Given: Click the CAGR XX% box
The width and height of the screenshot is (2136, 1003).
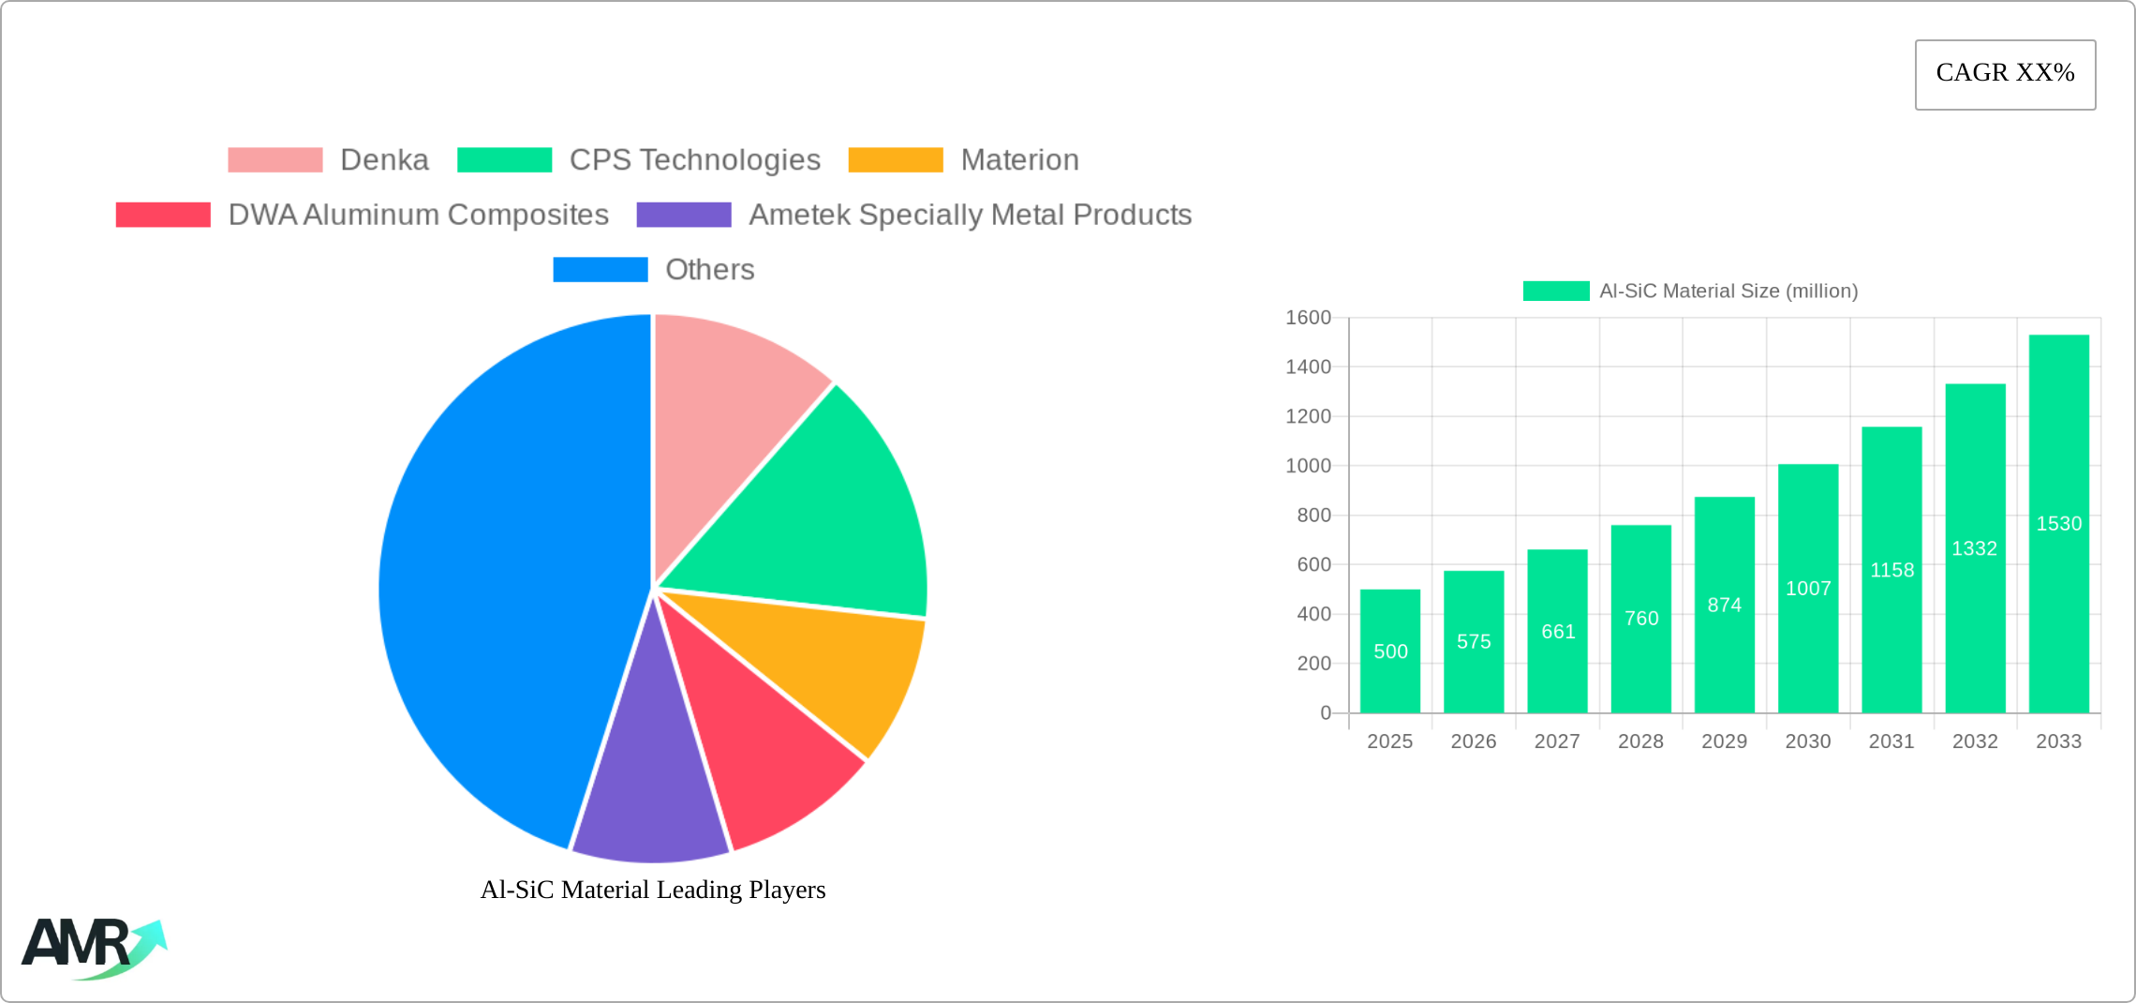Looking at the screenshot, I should pyautogui.click(x=2005, y=74).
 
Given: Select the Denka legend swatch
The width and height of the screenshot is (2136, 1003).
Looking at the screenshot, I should pyautogui.click(x=274, y=160).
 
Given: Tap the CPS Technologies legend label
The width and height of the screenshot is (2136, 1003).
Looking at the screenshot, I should pyautogui.click(x=694, y=160).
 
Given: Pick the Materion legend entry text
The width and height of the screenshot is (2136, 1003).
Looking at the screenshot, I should pyautogui.click(x=1019, y=160).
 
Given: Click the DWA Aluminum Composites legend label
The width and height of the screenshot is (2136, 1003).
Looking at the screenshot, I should pyautogui.click(x=418, y=215).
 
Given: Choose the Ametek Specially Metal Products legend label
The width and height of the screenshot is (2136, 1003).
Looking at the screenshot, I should pyautogui.click(x=970, y=215).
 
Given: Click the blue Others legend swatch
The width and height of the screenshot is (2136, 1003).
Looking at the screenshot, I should pyautogui.click(x=600, y=270).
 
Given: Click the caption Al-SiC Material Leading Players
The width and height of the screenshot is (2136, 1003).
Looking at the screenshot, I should pyautogui.click(x=653, y=890).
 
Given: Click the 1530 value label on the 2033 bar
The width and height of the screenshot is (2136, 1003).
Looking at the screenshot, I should pyautogui.click(x=2058, y=524).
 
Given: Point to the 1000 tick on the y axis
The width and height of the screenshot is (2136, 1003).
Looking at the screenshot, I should pyautogui.click(x=1308, y=466).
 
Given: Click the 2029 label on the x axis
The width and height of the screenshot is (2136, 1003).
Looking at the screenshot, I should pyautogui.click(x=1724, y=741).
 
